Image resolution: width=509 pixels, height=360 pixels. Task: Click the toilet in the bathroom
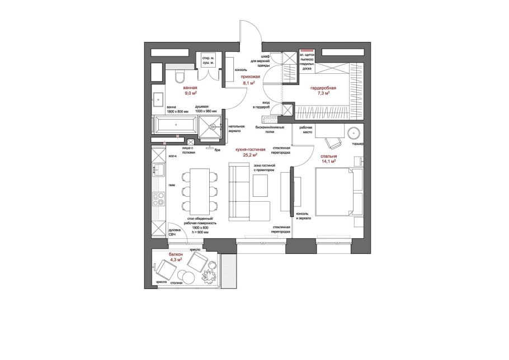(x=178, y=77)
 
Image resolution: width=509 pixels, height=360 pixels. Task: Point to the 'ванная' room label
(x=190, y=88)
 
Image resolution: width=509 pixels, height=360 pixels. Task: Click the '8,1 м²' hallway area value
(x=248, y=83)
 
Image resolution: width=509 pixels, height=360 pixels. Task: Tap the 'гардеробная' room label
(x=324, y=88)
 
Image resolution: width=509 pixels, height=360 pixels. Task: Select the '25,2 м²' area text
(x=250, y=156)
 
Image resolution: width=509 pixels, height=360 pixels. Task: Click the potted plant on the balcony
(x=209, y=277)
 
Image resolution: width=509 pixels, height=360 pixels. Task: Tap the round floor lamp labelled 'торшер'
(x=354, y=133)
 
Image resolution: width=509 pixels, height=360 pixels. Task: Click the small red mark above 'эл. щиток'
(x=305, y=51)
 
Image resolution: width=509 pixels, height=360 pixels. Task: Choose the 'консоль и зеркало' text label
(x=303, y=216)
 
